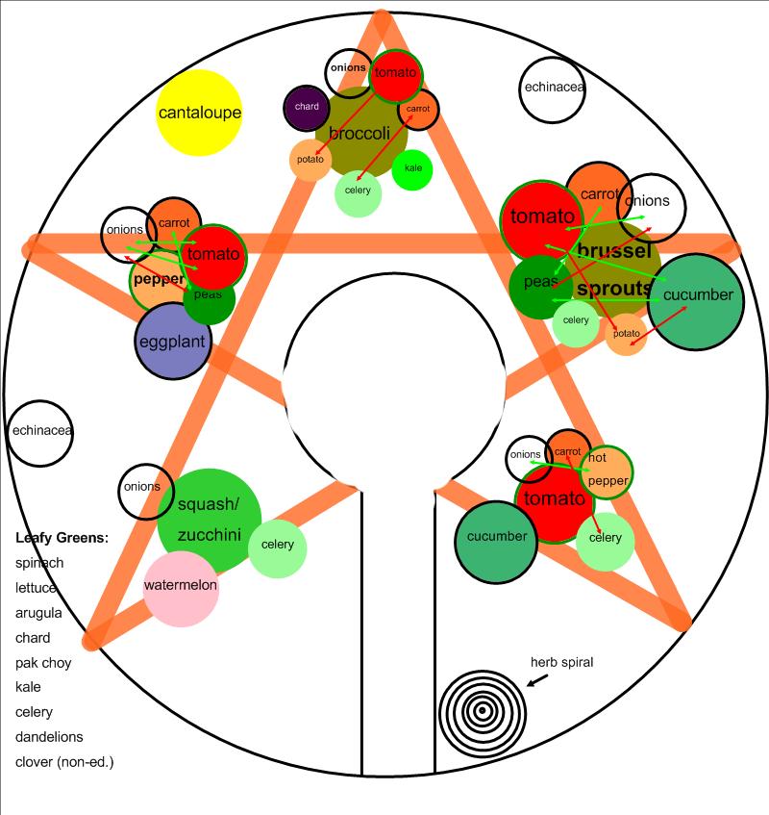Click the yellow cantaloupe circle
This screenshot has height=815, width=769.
click(199, 114)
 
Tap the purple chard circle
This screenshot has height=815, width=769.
click(307, 108)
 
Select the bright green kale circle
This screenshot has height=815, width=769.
click(412, 168)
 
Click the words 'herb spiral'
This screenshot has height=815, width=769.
click(562, 662)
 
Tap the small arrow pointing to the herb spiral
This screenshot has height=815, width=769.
click(538, 679)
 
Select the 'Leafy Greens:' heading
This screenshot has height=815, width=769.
click(62, 537)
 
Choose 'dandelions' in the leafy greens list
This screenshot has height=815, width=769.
click(49, 737)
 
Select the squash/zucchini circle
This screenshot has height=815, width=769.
click(209, 520)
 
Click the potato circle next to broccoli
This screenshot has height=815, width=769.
click(310, 160)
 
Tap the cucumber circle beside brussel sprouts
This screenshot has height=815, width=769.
click(696, 296)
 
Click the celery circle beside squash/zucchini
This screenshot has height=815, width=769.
click(278, 547)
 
